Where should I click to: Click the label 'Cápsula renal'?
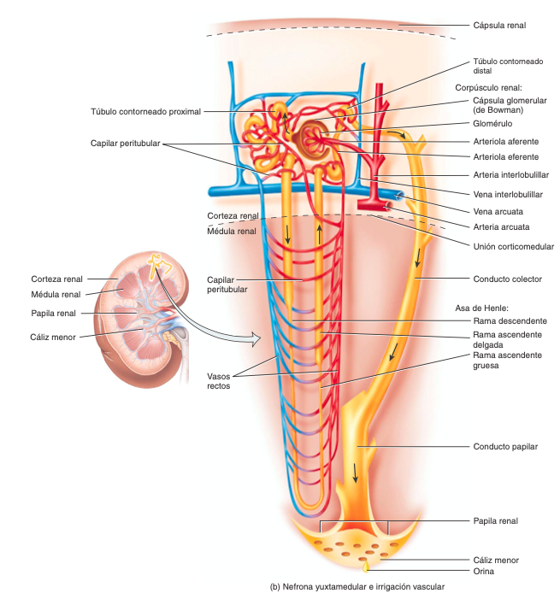point(499,26)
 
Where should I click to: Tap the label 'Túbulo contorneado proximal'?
point(146,111)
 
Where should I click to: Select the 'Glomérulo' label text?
point(493,124)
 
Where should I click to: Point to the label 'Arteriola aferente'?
point(505,141)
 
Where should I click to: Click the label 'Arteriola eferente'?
point(505,157)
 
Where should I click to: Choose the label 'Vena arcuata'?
point(498,210)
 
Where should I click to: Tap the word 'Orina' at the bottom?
point(484,571)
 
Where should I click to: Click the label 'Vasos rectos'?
point(219,381)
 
